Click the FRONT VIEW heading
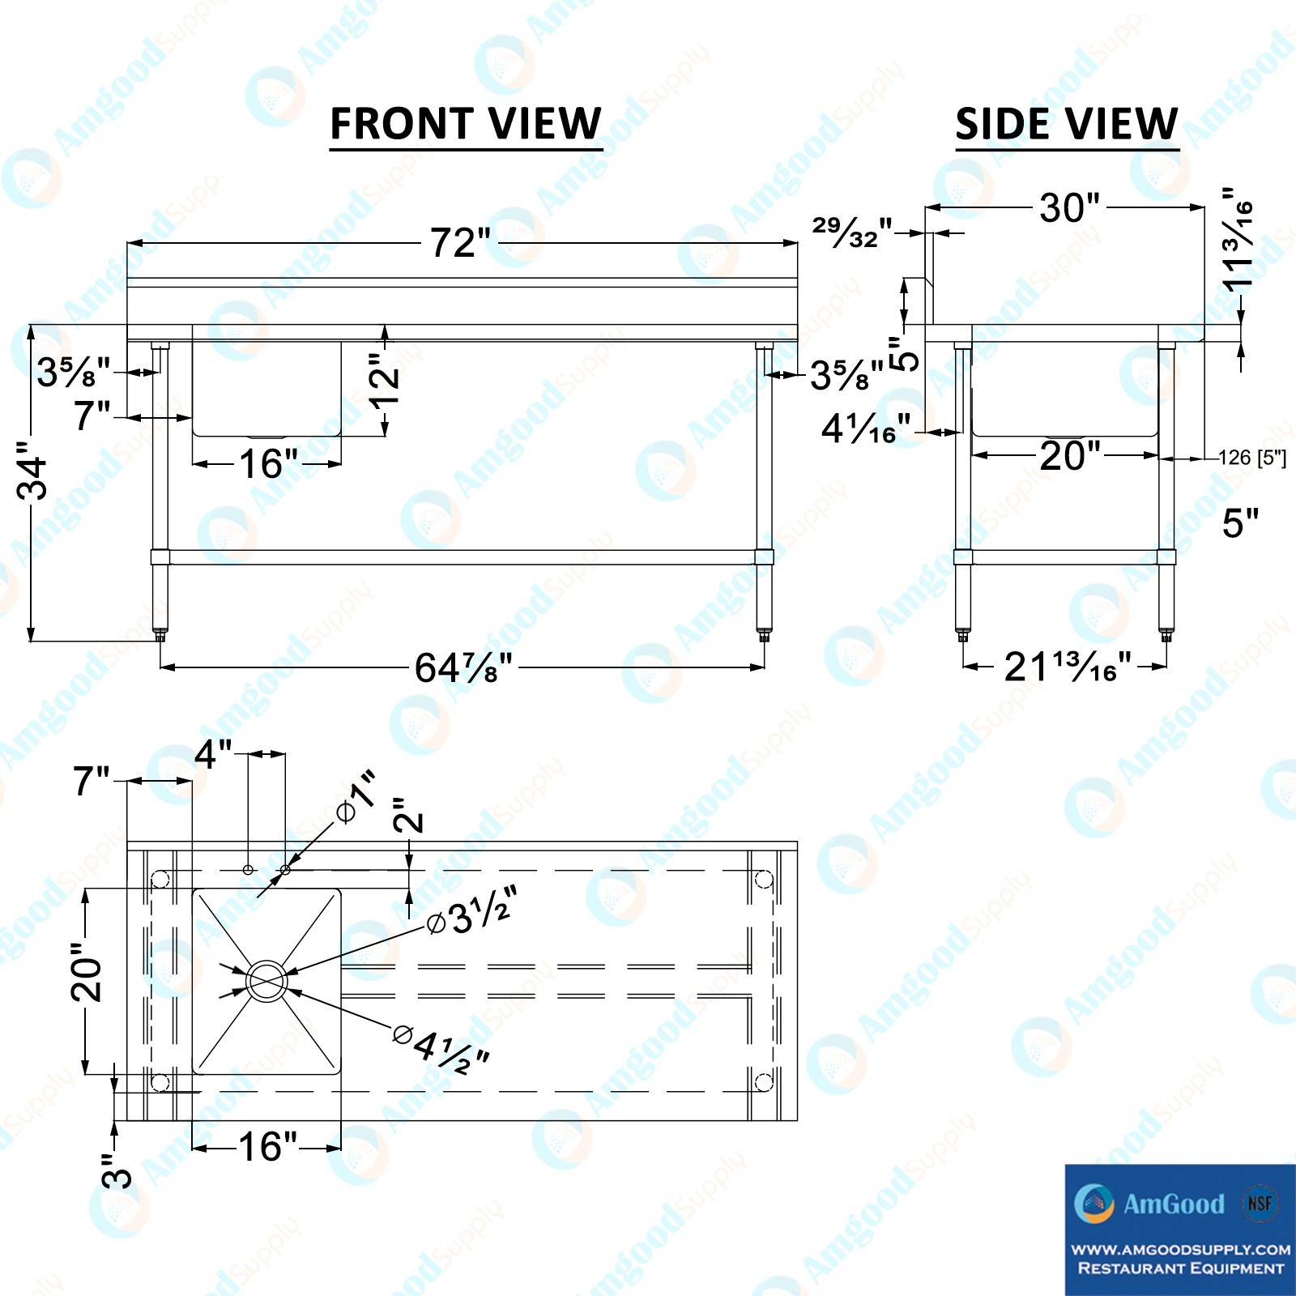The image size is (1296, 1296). click(466, 124)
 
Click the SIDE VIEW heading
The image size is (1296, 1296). click(1067, 124)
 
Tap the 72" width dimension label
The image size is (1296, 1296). click(460, 242)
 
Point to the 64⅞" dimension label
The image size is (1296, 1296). click(463, 668)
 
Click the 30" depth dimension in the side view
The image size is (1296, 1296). click(1069, 208)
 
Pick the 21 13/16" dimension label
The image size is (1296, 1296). click(1068, 667)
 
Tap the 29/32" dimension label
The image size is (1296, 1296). click(852, 232)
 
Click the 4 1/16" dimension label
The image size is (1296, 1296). click(866, 428)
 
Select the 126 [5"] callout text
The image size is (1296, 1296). click(1252, 458)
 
